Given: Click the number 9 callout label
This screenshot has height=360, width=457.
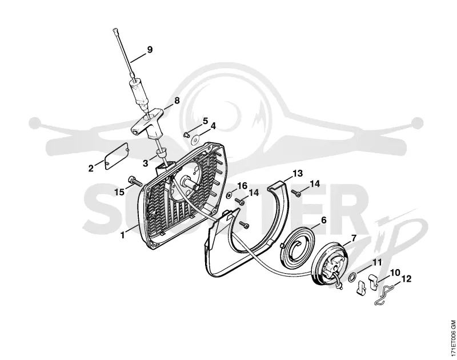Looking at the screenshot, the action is coord(150,50).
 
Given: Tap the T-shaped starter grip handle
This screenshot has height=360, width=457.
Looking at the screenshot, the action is coord(146,123).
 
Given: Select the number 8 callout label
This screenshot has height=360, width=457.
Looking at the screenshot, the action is coord(177,101).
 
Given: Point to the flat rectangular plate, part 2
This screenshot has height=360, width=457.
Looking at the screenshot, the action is coord(117,155).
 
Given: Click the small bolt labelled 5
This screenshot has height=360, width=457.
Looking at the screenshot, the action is coord(186,134).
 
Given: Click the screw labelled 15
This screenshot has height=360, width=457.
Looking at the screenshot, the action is coord(134,181).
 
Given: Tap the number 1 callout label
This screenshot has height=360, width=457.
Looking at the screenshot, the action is coord(123,235).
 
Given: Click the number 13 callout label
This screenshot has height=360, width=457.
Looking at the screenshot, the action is coord(298,174).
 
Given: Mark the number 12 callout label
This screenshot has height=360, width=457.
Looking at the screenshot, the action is coord(406,279).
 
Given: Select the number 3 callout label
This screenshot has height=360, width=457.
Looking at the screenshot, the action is coord(146,163).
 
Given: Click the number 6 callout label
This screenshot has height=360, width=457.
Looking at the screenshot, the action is coord(323,221).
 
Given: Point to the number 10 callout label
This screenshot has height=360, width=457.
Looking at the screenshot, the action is coord(395,273).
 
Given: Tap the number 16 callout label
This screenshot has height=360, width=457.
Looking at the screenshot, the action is coord(242,186).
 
